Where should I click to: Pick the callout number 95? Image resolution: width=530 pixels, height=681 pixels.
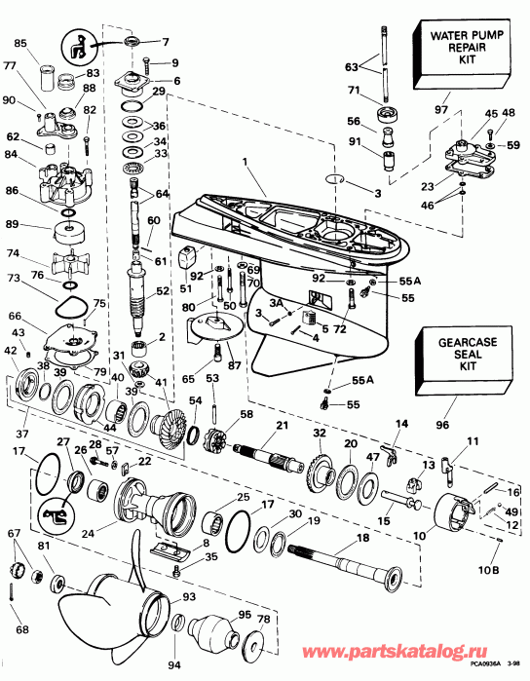click(245, 613)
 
